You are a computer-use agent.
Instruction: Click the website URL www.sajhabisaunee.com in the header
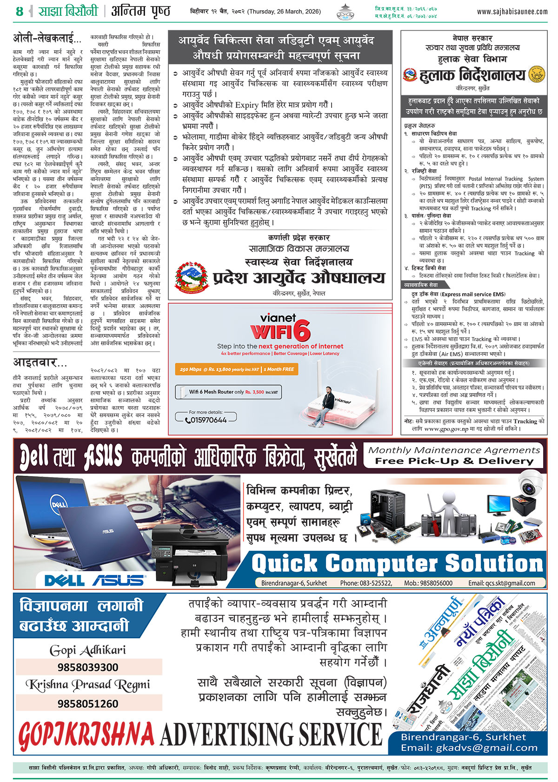pyautogui.click(x=512, y=12)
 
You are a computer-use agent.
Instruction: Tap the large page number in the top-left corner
pyautogui.click(x=19, y=11)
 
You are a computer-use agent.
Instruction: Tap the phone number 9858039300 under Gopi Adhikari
pyautogui.click(x=88, y=667)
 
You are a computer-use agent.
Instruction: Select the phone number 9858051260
pyautogui.click(x=88, y=703)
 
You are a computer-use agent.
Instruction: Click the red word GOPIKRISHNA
pyautogui.click(x=86, y=736)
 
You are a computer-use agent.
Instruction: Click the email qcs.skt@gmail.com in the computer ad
pyautogui.click(x=501, y=583)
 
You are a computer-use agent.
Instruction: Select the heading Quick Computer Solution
pyautogui.click(x=397, y=564)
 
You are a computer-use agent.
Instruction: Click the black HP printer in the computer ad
pyautogui.click(x=191, y=554)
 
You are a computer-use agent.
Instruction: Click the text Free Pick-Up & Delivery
pyautogui.click(x=454, y=461)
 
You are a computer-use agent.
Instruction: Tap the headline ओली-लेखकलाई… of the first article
pyautogui.click(x=47, y=39)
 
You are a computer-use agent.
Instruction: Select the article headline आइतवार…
pyautogui.click(x=40, y=362)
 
